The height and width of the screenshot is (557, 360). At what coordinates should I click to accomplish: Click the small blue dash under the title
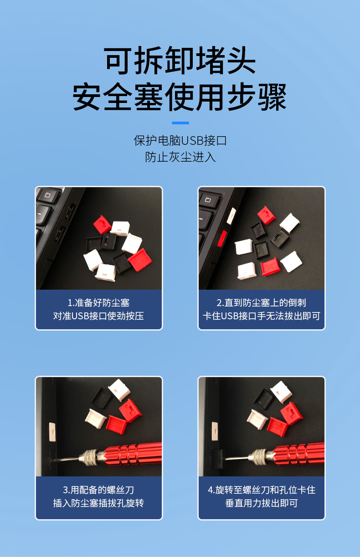(180, 123)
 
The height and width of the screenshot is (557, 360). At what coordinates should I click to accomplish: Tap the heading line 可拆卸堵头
(180, 61)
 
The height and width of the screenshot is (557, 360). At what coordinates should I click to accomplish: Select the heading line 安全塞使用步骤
(180, 97)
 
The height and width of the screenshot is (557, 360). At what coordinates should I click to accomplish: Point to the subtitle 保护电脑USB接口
(180, 140)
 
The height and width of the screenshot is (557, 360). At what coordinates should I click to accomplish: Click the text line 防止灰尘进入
(180, 157)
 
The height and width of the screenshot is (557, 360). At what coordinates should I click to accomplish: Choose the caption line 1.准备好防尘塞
(98, 302)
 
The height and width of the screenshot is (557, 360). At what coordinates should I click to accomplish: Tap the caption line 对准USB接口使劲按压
(98, 316)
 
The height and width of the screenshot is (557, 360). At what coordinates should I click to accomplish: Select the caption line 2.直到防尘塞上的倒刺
(261, 302)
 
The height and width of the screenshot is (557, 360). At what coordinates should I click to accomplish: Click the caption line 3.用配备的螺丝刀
(98, 490)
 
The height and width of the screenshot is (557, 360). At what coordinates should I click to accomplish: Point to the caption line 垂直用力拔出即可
(262, 503)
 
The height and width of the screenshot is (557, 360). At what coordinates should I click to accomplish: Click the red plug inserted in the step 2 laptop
(222, 239)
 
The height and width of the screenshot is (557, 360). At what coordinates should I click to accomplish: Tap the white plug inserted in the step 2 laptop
(231, 216)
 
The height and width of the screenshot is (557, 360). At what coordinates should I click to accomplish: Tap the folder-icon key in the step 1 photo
(48, 195)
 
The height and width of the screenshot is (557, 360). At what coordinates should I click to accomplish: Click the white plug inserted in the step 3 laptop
(52, 432)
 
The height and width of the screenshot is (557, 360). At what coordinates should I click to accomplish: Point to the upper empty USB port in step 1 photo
(71, 211)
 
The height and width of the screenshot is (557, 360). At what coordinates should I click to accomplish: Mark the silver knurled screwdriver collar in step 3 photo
(88, 458)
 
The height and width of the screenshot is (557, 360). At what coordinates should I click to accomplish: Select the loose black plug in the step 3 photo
(102, 399)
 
